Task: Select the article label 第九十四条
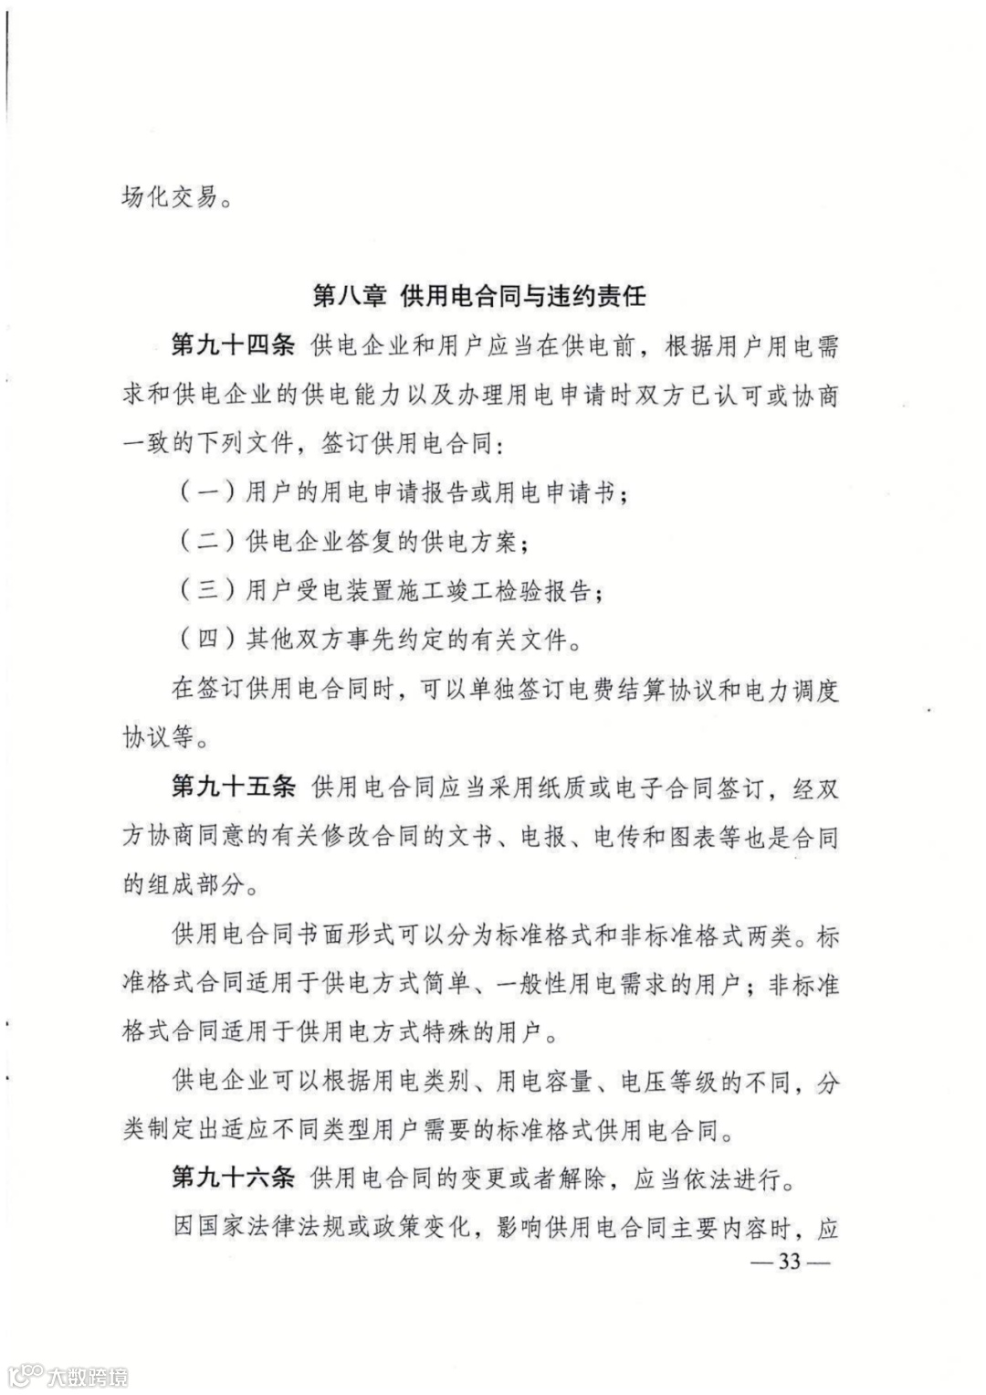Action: [233, 347]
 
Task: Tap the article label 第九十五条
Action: [233, 787]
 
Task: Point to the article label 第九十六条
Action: [233, 1179]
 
